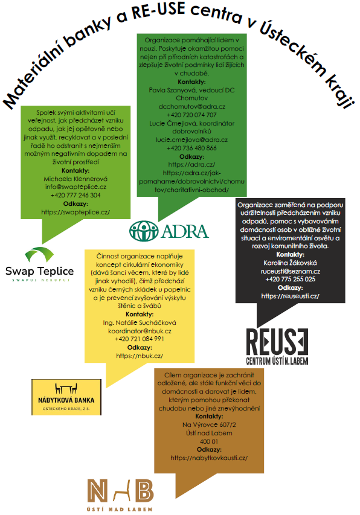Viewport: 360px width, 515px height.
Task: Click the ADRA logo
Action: pyautogui.click(x=169, y=231)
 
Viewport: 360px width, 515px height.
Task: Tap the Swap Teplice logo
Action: pyautogui.click(x=39, y=264)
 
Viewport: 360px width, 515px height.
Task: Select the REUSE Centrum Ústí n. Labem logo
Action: pyautogui.click(x=277, y=347)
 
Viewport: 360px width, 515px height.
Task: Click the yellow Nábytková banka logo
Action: pyautogui.click(x=66, y=397)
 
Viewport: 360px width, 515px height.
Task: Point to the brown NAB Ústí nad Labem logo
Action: pyautogui.click(x=120, y=495)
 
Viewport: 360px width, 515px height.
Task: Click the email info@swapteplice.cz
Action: pyautogui.click(x=76, y=187)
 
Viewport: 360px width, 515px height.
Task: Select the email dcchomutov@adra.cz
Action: pyautogui.click(x=192, y=106)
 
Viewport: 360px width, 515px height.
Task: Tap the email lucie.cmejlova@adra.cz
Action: pyautogui.click(x=192, y=139)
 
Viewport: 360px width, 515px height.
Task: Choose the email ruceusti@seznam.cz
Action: pyautogui.click(x=291, y=271)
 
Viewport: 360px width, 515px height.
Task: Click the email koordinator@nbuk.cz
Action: pyautogui.click(x=140, y=331)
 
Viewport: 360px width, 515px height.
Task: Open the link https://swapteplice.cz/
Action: pyautogui.click(x=76, y=212)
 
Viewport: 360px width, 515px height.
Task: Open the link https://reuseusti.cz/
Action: pyautogui.click(x=291, y=296)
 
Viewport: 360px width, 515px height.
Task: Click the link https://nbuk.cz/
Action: pyautogui.click(x=140, y=356)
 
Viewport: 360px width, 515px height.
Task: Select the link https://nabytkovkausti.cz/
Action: pyautogui.click(x=209, y=458)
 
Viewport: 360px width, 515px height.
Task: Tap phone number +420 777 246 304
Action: pyautogui.click(x=76, y=195)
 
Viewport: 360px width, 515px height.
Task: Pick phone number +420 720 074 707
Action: pyautogui.click(x=192, y=115)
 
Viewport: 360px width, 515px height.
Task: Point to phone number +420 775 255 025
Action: pyautogui.click(x=291, y=279)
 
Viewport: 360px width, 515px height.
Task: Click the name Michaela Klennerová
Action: pyautogui.click(x=76, y=179)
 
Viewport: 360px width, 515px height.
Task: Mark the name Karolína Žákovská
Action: pyautogui.click(x=291, y=263)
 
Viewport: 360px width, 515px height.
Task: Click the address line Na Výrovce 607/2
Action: pyautogui.click(x=209, y=424)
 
